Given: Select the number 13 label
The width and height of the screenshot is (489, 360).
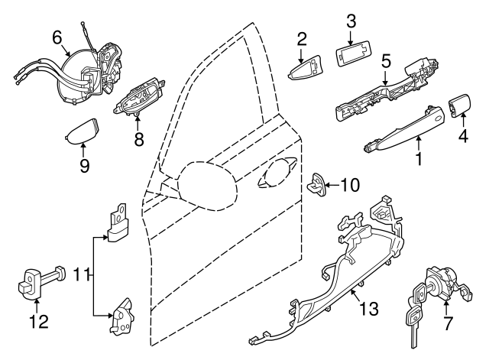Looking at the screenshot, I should (351, 18).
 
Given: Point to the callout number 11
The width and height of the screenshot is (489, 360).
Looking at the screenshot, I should (461, 138).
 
